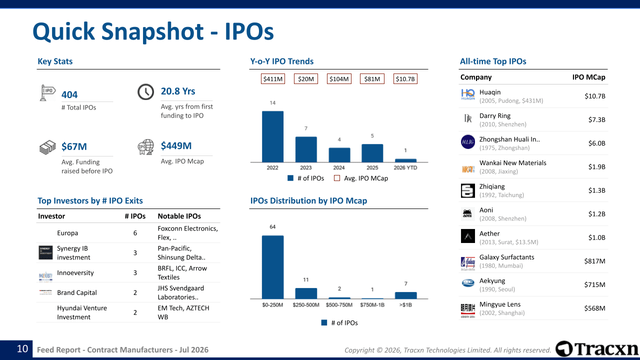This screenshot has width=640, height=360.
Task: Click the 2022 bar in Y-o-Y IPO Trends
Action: coord(272,136)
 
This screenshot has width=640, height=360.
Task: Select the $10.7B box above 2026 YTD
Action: coord(405,79)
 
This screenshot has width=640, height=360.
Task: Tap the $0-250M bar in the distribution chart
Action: coord(272,267)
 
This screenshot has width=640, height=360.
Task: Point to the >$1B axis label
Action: coord(405,305)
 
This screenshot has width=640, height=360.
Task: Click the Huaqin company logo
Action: coord(467,94)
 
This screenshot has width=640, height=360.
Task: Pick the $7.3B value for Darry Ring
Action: coord(596,119)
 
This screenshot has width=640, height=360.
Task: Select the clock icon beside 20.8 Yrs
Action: coord(145,91)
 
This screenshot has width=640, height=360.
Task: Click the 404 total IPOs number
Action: coord(69,94)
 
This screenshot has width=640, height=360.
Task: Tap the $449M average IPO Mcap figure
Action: coord(176,145)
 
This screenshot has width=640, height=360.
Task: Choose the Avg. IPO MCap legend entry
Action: coord(361,178)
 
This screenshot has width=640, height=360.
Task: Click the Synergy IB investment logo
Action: coord(45,252)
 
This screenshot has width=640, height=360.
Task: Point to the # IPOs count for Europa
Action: coord(135,233)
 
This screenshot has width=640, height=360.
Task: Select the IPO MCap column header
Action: coord(588,77)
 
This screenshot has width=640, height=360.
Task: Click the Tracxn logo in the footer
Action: coord(596,349)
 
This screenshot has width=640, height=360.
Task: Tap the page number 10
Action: coord(22,349)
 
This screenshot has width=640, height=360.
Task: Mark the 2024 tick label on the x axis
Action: coord(339,167)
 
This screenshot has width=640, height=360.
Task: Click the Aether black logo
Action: coord(467,236)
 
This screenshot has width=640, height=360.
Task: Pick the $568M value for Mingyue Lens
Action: coord(594,308)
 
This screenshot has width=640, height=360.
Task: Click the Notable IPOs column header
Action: coord(179,216)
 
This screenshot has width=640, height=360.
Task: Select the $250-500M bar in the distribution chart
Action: coord(306,293)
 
